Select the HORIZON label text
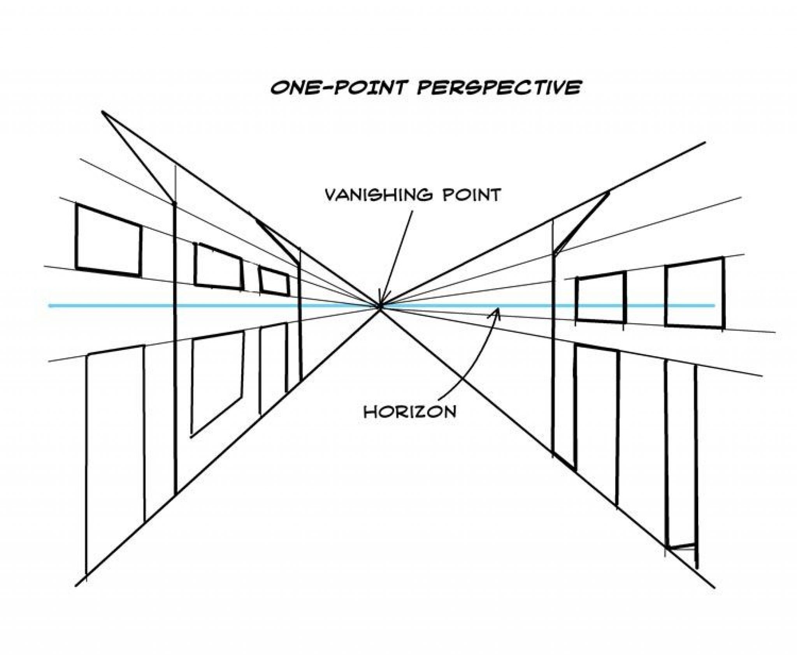409,412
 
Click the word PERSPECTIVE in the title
499,87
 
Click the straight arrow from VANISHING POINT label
397,257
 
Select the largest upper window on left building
109,241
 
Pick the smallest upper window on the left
275,280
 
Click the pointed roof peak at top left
103,112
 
